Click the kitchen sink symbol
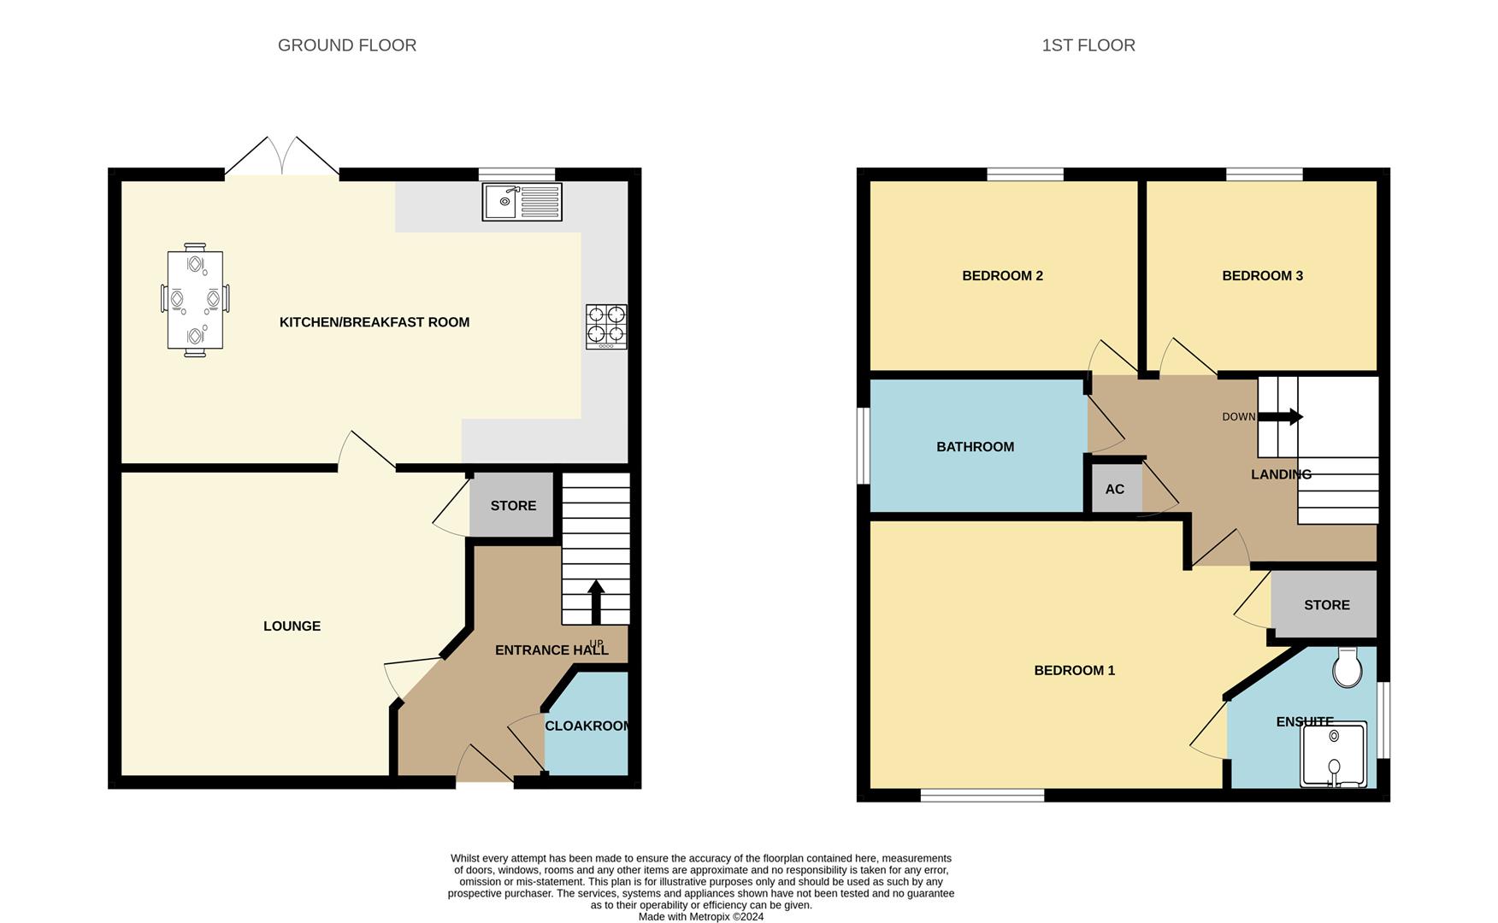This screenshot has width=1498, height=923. click(x=522, y=202)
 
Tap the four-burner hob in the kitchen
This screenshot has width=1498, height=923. click(x=606, y=326)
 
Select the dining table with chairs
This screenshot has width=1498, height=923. click(x=195, y=299)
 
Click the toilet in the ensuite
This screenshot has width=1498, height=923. click(x=1347, y=667)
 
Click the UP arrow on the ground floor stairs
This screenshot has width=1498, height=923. click(x=596, y=603)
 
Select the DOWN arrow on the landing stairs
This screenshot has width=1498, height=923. click(x=1280, y=417)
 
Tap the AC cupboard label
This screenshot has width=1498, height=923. click(x=1114, y=489)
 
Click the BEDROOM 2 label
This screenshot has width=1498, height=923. click(x=1002, y=275)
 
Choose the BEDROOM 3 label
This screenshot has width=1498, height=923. click(x=1262, y=275)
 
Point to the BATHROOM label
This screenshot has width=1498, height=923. click(x=975, y=446)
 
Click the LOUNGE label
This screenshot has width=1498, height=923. click(x=292, y=626)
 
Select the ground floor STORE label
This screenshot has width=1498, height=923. click(x=513, y=505)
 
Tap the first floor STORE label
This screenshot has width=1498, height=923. click(x=1327, y=604)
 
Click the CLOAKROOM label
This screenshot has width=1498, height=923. click(x=587, y=726)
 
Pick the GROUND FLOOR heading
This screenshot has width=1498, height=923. click(x=347, y=45)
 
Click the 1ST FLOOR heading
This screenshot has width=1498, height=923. click(x=1088, y=45)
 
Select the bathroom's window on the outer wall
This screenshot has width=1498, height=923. click(x=864, y=445)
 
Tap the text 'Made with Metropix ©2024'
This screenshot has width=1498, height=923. click(x=701, y=916)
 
